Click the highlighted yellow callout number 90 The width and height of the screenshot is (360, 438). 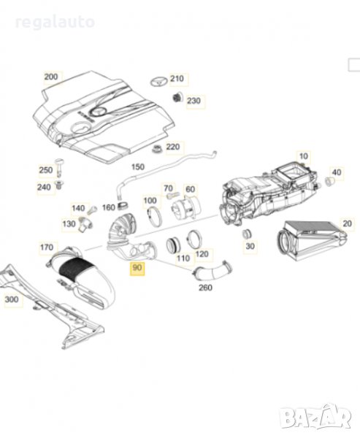point(137,268)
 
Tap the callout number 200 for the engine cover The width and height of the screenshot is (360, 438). point(51,77)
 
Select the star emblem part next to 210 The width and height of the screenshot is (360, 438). point(158,81)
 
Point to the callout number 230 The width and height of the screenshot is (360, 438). point(194,101)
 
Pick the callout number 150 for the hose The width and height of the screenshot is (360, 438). point(138,167)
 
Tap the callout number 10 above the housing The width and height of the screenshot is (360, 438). point(303,156)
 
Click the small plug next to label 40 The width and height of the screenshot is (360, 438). point(329,181)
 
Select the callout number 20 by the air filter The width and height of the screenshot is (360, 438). point(347,223)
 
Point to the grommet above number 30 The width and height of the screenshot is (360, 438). point(246,234)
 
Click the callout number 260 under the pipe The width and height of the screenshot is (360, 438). point(205,288)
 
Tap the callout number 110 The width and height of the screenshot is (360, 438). point(183,258)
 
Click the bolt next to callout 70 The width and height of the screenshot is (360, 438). point(171,196)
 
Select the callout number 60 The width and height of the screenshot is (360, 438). point(190,189)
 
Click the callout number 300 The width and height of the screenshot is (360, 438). point(12,299)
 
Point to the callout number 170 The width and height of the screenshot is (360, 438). point(47,247)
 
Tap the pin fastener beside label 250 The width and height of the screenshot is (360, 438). point(59,167)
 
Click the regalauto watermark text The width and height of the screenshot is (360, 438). point(55,23)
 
